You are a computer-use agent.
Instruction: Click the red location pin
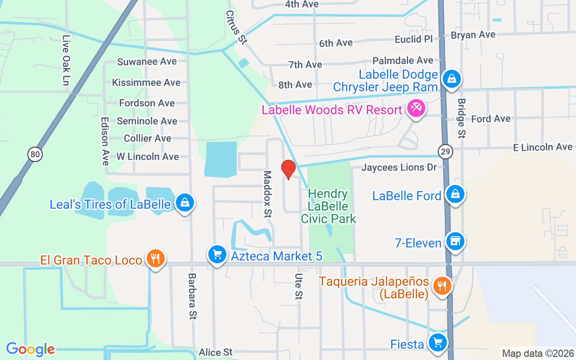288,169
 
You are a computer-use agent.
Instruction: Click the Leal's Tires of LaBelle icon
184,202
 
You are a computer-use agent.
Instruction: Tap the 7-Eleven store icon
455,242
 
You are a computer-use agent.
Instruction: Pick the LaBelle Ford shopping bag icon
455,194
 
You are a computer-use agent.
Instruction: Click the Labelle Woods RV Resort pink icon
416,108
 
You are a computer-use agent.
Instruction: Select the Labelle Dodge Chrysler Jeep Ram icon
451,79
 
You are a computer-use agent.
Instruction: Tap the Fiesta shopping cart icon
437,342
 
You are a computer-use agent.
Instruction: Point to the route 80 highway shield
35,154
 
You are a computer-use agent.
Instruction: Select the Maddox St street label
268,194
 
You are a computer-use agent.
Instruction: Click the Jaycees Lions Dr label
399,167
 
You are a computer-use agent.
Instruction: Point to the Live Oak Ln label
67,61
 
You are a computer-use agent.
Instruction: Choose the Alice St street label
216,352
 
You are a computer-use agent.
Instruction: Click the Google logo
30,349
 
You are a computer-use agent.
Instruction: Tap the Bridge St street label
462,118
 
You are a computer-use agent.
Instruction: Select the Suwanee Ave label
147,62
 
